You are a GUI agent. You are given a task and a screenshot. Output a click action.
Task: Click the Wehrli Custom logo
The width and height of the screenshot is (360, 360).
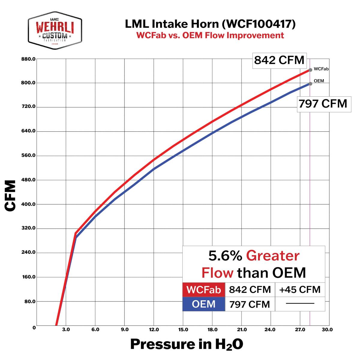point(55,30)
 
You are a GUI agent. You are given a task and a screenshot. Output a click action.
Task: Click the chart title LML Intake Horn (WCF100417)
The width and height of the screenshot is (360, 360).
point(210,24)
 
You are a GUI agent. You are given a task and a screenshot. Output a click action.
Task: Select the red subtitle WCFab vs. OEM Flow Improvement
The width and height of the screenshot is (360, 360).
point(210,35)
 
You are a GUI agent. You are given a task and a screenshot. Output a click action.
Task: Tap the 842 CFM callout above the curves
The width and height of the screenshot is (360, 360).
point(279,60)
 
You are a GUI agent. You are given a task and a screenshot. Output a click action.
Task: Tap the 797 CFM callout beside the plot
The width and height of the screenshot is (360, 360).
point(323,104)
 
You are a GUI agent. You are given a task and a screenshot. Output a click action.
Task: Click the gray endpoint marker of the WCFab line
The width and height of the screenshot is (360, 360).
point(310,70)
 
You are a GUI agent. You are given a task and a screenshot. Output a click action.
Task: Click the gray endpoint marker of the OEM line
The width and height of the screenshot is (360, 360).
point(310,84)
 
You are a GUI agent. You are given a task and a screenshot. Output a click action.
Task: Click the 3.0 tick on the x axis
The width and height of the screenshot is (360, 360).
point(66,330)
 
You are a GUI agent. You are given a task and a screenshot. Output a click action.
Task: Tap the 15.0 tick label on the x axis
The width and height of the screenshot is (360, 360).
point(183,330)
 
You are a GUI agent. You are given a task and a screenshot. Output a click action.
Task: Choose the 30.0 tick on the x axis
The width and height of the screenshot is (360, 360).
point(327,330)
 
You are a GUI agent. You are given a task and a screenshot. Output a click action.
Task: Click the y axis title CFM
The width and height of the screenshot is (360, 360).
point(10,196)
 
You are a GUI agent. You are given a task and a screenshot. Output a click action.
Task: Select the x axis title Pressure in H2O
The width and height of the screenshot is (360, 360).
point(186,344)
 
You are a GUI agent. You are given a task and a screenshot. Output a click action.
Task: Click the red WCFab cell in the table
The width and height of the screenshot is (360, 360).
point(204,290)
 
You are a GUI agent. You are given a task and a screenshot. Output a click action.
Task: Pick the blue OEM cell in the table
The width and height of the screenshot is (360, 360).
point(204,304)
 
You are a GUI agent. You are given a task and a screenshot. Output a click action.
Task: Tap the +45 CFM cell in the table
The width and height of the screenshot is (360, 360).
point(300,290)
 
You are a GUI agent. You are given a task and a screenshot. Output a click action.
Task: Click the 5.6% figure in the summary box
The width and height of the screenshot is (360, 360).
point(225,256)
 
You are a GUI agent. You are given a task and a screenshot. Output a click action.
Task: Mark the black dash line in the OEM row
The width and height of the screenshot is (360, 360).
point(300,304)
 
